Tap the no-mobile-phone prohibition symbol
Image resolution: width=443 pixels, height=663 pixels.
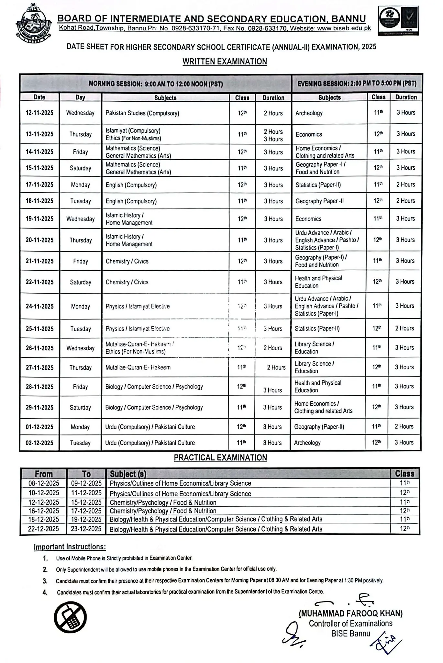tap(70, 619)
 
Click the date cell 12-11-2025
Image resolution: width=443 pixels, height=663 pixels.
tap(39, 113)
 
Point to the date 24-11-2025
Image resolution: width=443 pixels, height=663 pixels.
tap(39, 306)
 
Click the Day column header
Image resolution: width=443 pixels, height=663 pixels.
tap(80, 97)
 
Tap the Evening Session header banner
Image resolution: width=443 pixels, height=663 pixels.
tap(357, 84)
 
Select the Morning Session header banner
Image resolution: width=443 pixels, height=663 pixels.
tap(156, 84)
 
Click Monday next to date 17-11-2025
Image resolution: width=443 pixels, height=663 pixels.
tap(80, 185)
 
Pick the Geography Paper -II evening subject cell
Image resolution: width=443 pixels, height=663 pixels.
tap(319, 201)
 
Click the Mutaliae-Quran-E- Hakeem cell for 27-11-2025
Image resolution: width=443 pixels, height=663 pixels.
tap(138, 367)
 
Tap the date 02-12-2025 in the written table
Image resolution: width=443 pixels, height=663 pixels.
tap(39, 443)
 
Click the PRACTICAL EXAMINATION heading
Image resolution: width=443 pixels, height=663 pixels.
tap(220, 458)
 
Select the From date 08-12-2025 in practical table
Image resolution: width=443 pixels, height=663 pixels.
tap(44, 483)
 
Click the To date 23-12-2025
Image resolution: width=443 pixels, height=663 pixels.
tap(86, 529)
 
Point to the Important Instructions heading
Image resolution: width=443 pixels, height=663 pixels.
tap(70, 547)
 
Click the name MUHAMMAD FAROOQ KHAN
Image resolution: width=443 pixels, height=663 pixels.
tap(350, 613)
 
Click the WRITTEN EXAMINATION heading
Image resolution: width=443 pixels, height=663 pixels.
tap(225, 62)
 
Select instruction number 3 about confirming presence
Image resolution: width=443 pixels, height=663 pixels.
tap(219, 581)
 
